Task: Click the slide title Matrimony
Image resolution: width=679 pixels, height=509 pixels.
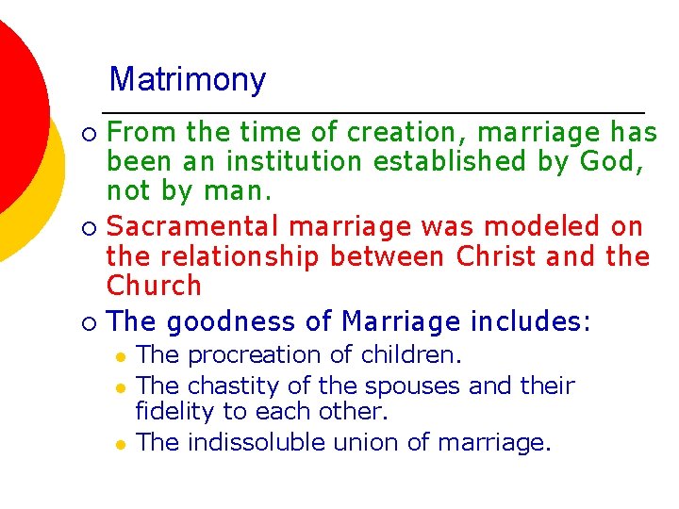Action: (188, 80)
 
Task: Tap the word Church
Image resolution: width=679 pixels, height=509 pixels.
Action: (154, 286)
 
